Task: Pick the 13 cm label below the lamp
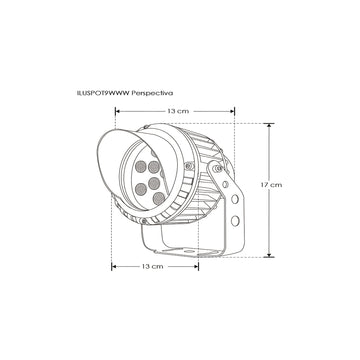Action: coord(153,267)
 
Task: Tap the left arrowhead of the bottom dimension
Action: coord(113,267)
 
